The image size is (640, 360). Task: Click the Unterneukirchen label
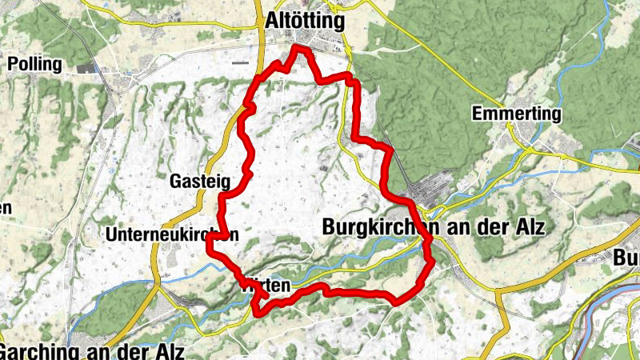coord(172,235)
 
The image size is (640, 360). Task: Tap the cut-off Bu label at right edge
coord(626,258)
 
